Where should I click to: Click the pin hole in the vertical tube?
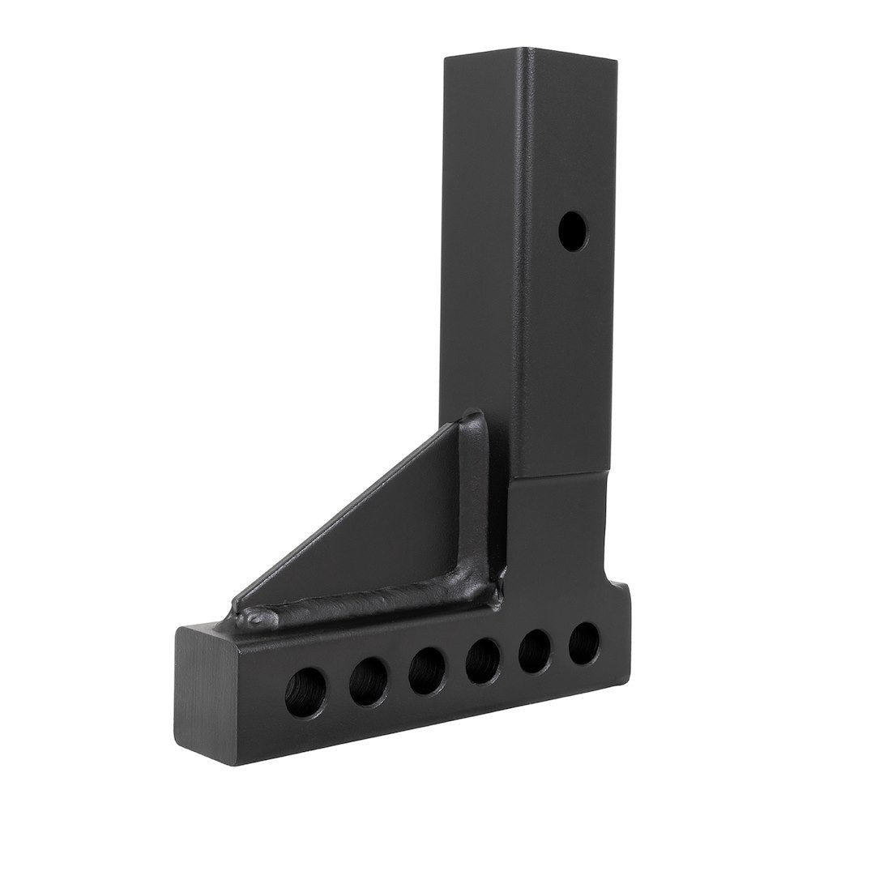(574, 231)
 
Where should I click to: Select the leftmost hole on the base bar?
(305, 694)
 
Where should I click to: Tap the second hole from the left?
(368, 682)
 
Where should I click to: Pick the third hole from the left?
(426, 671)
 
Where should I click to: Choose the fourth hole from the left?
(483, 661)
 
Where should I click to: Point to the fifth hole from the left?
(535, 651)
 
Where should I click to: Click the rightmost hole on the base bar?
(583, 643)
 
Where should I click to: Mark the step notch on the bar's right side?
(613, 577)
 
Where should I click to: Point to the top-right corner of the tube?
(617, 62)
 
